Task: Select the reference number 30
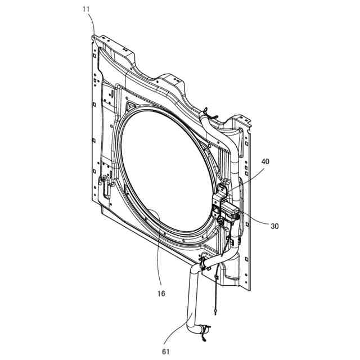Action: (x=274, y=227)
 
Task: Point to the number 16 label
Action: (x=162, y=293)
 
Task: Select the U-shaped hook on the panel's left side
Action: (x=104, y=182)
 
